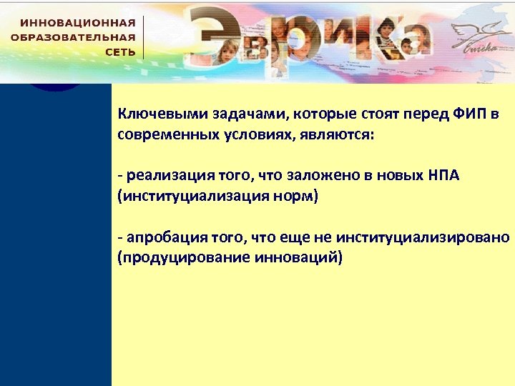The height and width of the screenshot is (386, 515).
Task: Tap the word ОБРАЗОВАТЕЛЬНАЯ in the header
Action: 73,37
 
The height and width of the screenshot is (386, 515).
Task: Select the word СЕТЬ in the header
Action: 120,52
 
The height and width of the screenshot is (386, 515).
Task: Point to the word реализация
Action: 162,176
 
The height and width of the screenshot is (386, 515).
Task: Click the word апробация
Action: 161,237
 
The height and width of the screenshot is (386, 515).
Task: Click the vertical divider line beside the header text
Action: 144,37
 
